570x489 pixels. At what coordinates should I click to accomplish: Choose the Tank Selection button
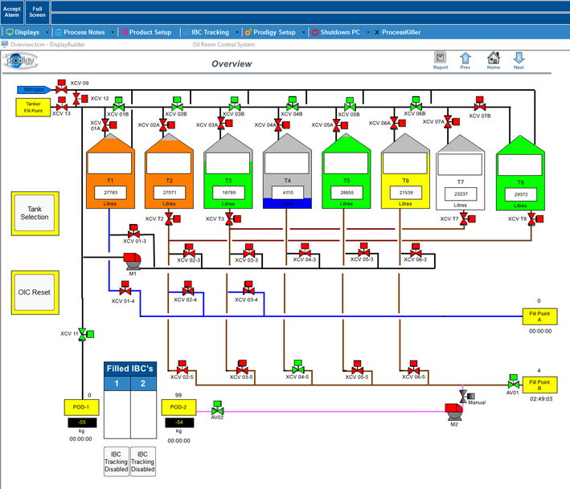[x=35, y=213]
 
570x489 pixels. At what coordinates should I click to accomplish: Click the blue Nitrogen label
[x=34, y=89]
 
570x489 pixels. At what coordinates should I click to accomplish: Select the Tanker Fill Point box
[x=33, y=107]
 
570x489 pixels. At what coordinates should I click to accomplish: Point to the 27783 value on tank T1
[x=110, y=194]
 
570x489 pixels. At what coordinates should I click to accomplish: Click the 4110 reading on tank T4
[x=288, y=194]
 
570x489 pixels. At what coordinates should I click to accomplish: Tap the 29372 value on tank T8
[x=520, y=194]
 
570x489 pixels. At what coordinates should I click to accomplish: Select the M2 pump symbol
[x=453, y=412]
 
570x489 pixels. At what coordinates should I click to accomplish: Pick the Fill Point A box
[x=539, y=316]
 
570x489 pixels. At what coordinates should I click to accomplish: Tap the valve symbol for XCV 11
[x=83, y=334]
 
